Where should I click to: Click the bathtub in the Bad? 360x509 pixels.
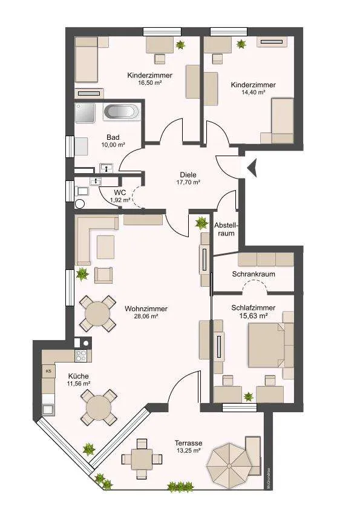(121, 113)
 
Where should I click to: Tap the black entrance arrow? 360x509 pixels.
(252, 168)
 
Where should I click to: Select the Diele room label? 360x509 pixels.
(188, 175)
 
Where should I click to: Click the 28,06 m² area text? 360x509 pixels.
(146, 317)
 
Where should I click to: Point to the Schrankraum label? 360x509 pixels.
(254, 274)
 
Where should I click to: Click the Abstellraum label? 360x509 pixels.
(226, 229)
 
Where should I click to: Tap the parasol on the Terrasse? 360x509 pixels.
(229, 466)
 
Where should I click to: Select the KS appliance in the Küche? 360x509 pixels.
(48, 371)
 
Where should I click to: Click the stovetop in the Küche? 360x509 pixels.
(81, 356)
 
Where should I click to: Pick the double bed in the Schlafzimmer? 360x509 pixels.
(266, 345)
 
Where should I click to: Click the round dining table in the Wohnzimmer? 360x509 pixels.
(97, 314)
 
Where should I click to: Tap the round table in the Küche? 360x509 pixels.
(99, 407)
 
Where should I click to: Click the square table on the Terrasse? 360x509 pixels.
(142, 459)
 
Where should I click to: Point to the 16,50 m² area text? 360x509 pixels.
(150, 83)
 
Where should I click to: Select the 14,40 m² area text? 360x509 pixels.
(253, 92)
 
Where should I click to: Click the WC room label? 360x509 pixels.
(120, 193)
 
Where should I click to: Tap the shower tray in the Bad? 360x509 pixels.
(85, 113)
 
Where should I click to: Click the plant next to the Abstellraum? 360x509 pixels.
(201, 223)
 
